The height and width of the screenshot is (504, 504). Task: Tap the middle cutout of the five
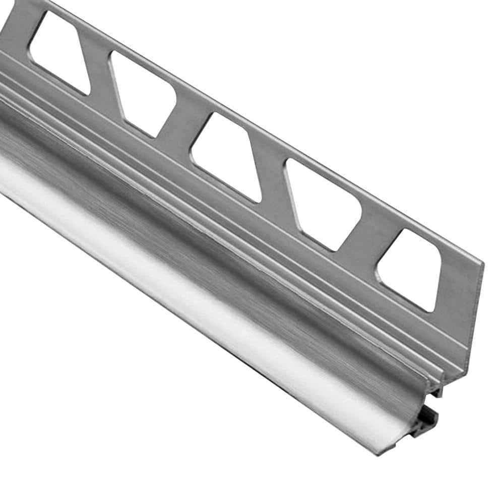coord(225,154)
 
